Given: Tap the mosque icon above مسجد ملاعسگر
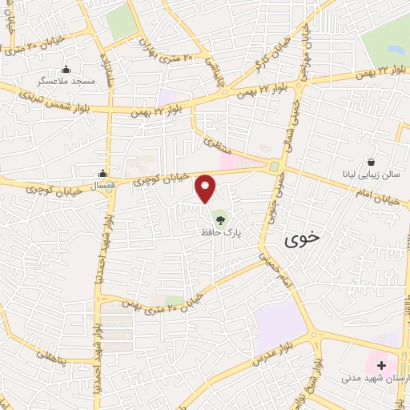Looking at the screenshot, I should pyautogui.click(x=66, y=69).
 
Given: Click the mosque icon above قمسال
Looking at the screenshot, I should pyautogui.click(x=102, y=173).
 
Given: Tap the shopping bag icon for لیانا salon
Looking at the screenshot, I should pyautogui.click(x=371, y=161).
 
